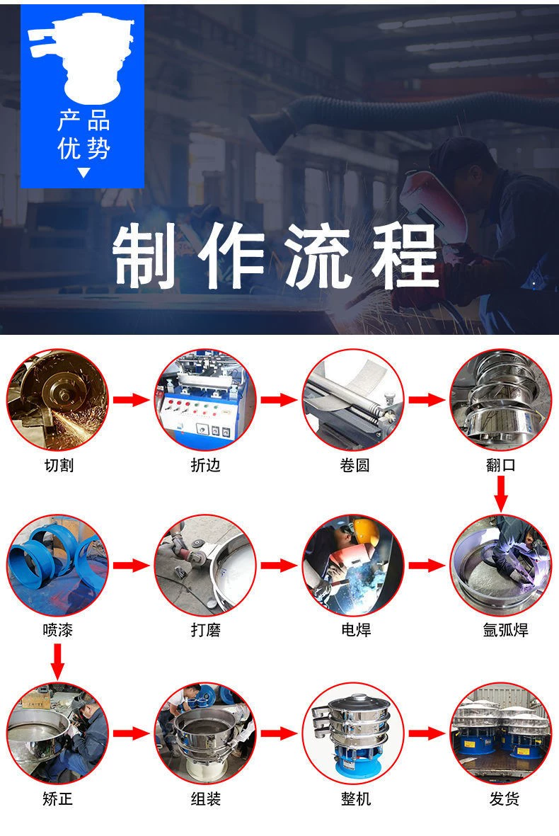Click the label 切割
point(59,465)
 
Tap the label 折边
point(206,465)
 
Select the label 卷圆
point(355,465)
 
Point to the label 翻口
point(501,465)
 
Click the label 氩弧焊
point(505,630)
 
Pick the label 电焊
point(355,630)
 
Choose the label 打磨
point(206,630)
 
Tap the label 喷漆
point(57,630)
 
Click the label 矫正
point(57,798)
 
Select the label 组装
point(206,798)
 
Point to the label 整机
point(355,798)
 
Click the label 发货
point(504,798)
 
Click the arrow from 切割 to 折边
point(131,399)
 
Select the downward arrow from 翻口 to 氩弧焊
point(500,493)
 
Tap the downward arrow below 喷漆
point(57,662)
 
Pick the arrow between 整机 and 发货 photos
point(426,733)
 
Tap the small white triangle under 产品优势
point(83,173)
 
